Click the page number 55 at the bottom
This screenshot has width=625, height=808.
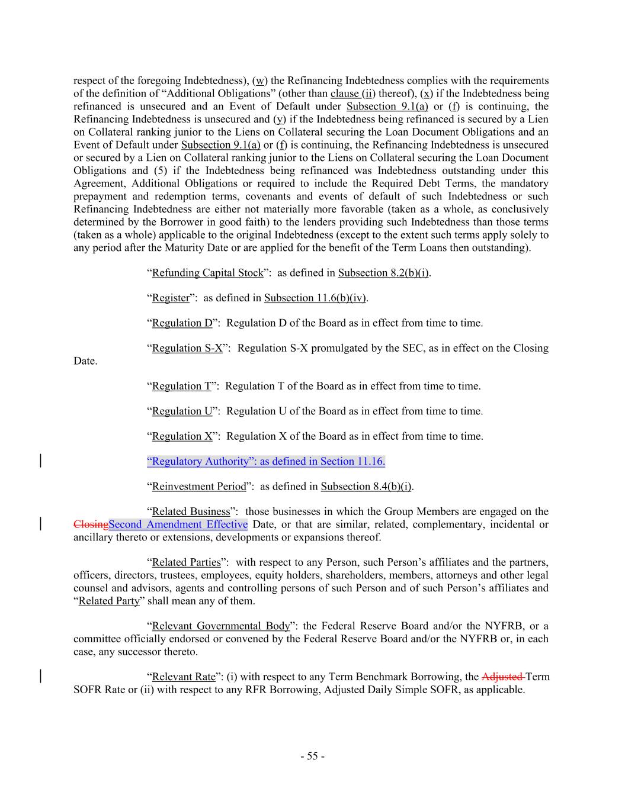[x=312, y=756]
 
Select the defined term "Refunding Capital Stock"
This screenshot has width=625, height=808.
[x=207, y=273]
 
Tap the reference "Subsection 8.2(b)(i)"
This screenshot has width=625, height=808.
[x=383, y=273]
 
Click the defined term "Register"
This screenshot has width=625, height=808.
[x=171, y=298]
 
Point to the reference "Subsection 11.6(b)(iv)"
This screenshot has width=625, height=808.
[x=315, y=298]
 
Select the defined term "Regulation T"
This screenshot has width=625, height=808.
[x=181, y=386]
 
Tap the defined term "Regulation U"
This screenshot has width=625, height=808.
[x=182, y=411]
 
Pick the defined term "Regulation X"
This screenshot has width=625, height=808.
[x=182, y=436]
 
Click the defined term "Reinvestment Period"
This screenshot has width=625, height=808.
[x=198, y=487]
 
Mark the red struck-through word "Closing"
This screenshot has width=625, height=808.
[x=91, y=524]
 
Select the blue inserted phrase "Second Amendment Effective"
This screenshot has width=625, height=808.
[x=178, y=524]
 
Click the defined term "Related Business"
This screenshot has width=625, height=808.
[x=191, y=511]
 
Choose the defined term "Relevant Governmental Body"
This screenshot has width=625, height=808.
[x=221, y=626]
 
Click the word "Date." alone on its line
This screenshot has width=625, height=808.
[x=85, y=361]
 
